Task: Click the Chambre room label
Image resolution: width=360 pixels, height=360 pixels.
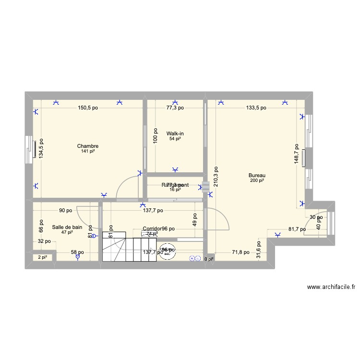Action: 88,146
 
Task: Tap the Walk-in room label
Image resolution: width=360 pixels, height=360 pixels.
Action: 175,133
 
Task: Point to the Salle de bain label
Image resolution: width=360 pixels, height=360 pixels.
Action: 67,227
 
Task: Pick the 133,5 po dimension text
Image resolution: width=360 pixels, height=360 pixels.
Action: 256,108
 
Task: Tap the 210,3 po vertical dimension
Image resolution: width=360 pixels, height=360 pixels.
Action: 216,176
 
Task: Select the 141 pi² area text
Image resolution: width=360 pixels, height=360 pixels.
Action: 88,152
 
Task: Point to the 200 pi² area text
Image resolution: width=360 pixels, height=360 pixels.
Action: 257,181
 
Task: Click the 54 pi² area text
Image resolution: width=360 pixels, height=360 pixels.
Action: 175,139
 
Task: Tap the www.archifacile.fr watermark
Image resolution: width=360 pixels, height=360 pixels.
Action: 331,287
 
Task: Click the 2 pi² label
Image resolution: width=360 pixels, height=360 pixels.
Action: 43,257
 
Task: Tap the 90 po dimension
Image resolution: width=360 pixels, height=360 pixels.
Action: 66,210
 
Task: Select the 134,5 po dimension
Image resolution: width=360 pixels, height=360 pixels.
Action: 41,149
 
